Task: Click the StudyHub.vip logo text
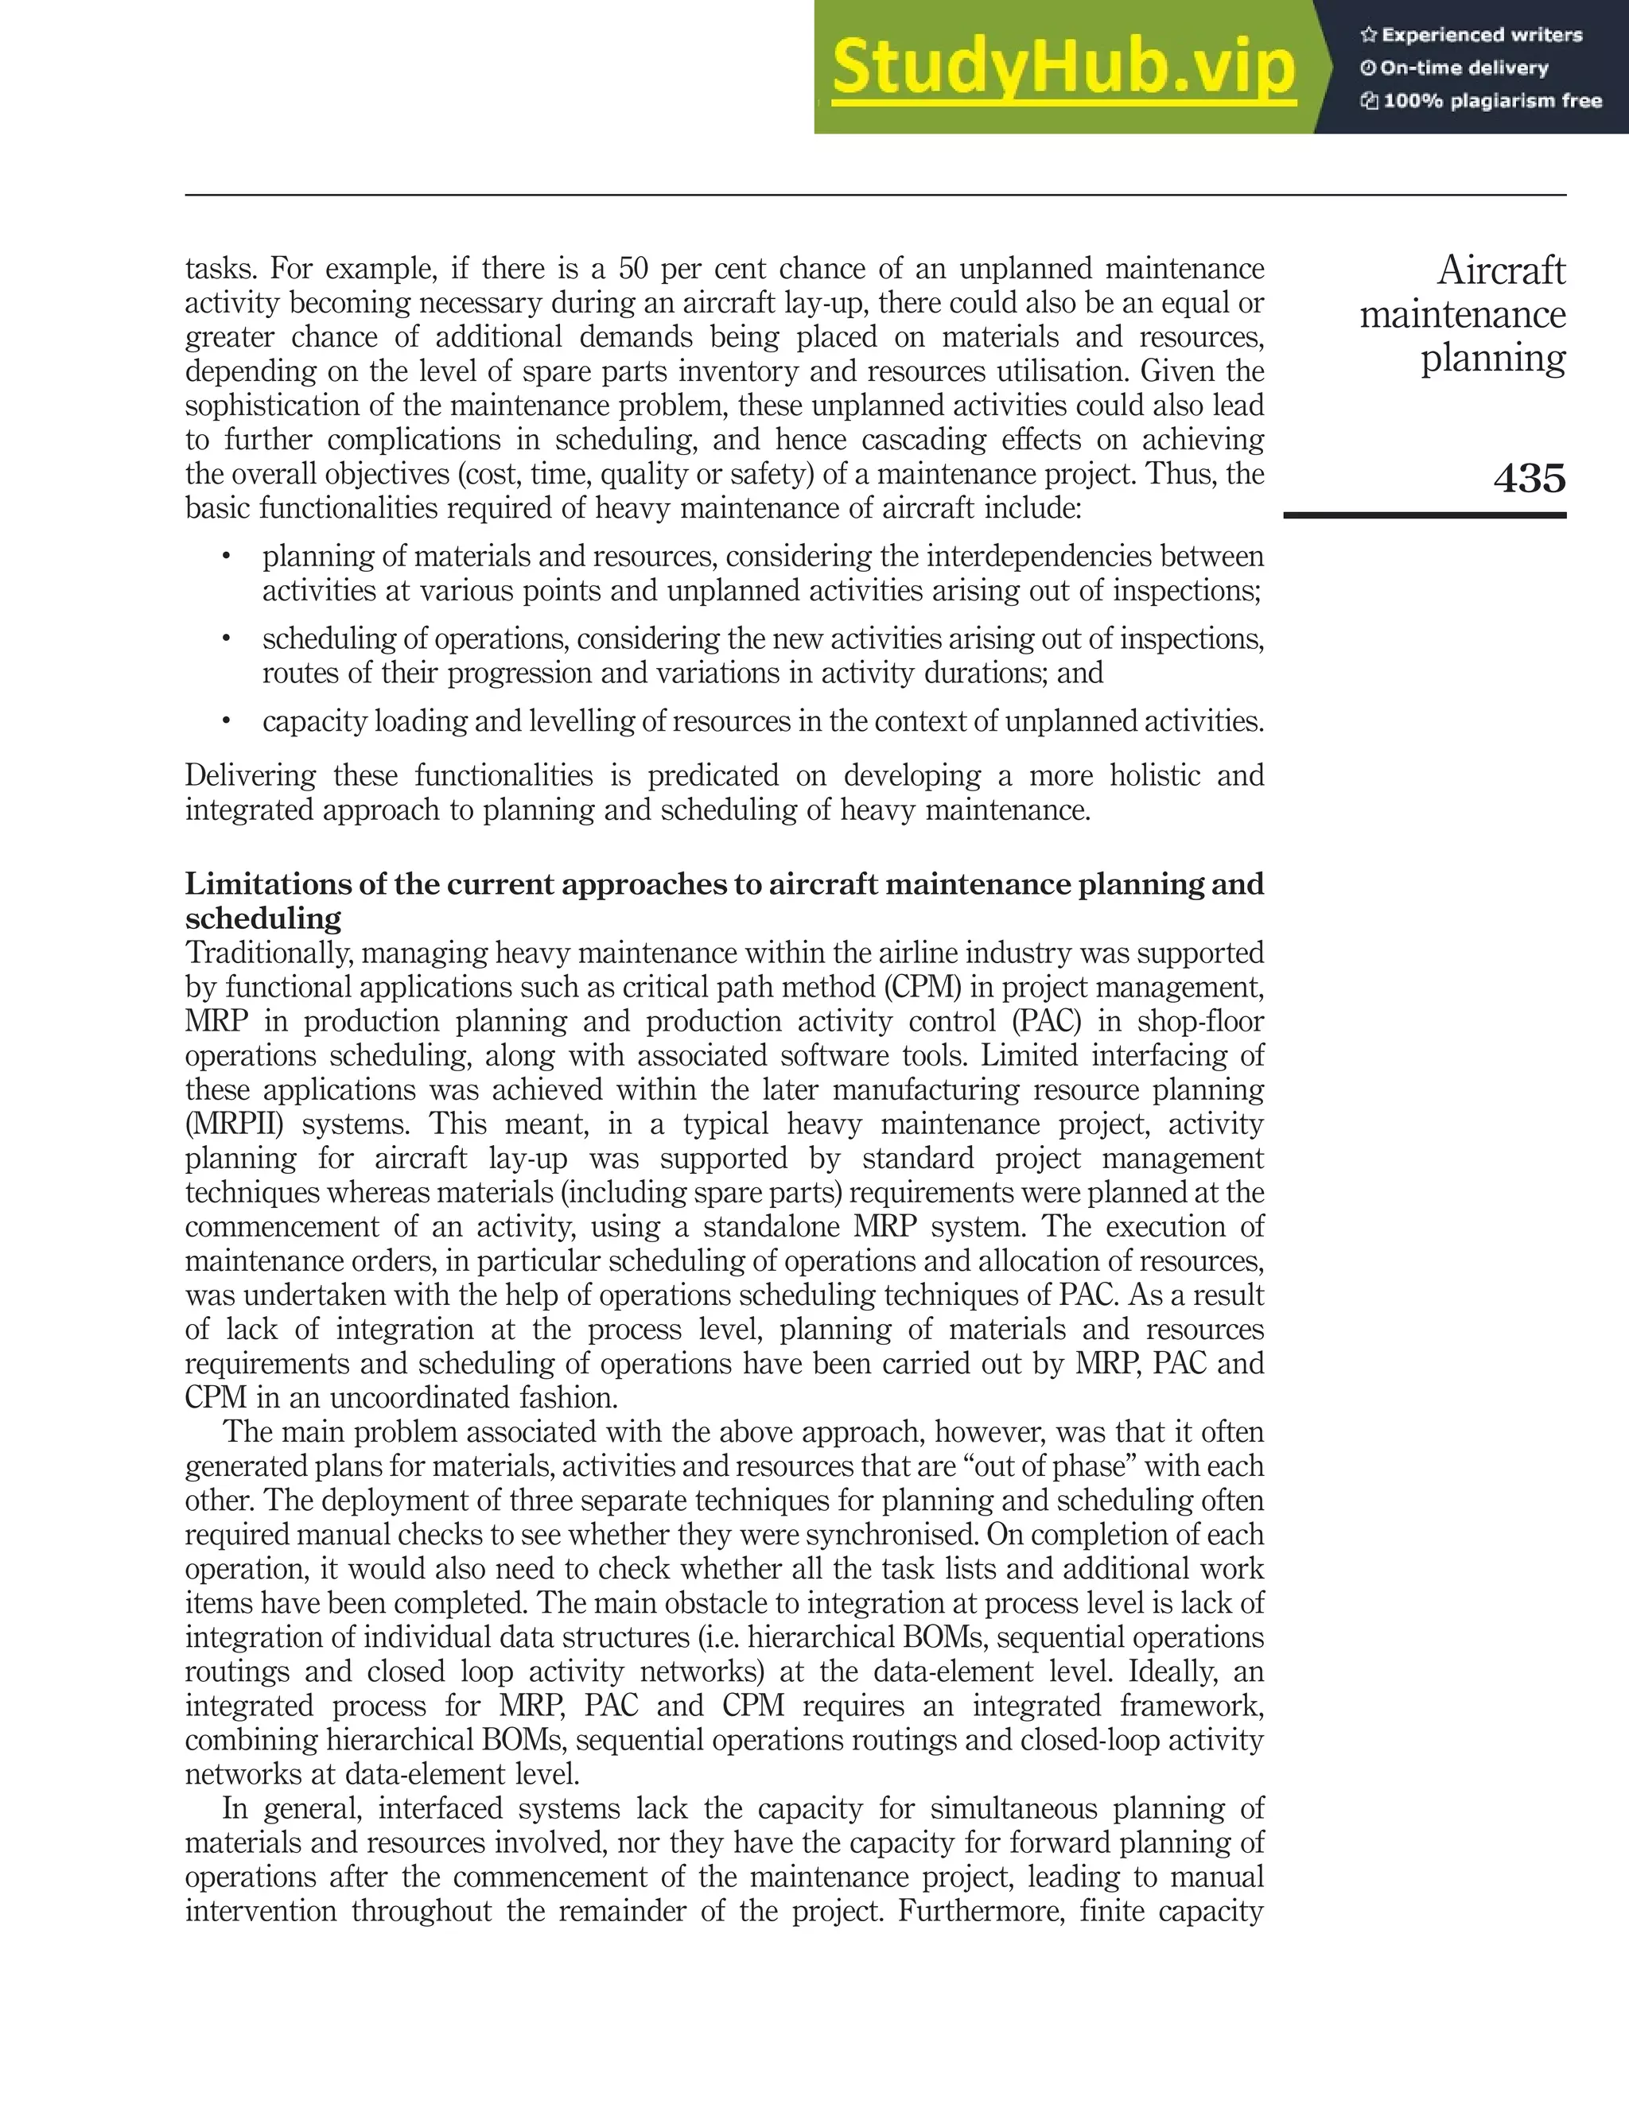tap(1063, 68)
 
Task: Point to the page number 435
tap(1529, 478)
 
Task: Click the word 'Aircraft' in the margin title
tap(1500, 270)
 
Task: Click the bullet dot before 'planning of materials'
tap(226, 557)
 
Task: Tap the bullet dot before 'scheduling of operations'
tap(226, 639)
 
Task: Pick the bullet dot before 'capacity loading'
tap(226, 721)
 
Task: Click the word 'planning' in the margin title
tap(1492, 358)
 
